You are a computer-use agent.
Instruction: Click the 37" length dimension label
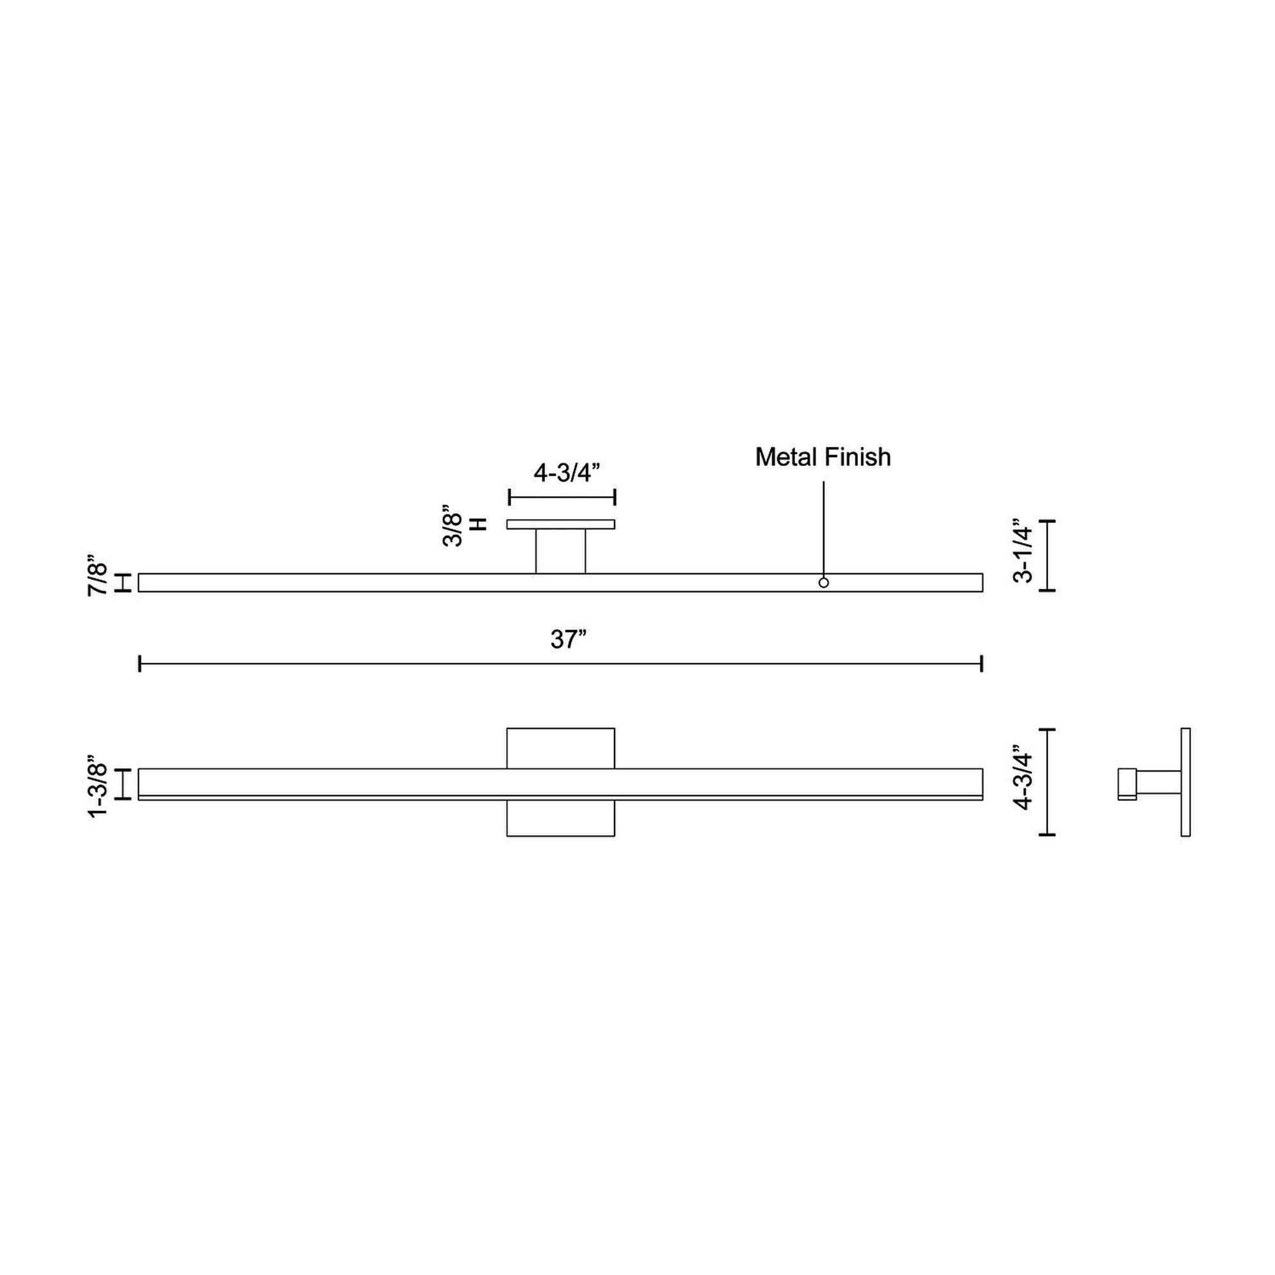click(x=568, y=639)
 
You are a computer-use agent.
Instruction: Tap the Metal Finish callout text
click(x=823, y=456)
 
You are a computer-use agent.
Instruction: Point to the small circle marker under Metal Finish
click(x=824, y=583)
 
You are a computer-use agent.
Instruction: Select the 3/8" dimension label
click(x=453, y=526)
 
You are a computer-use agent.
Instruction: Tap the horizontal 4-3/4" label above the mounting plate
click(x=567, y=472)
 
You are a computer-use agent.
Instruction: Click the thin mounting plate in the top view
click(x=561, y=525)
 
